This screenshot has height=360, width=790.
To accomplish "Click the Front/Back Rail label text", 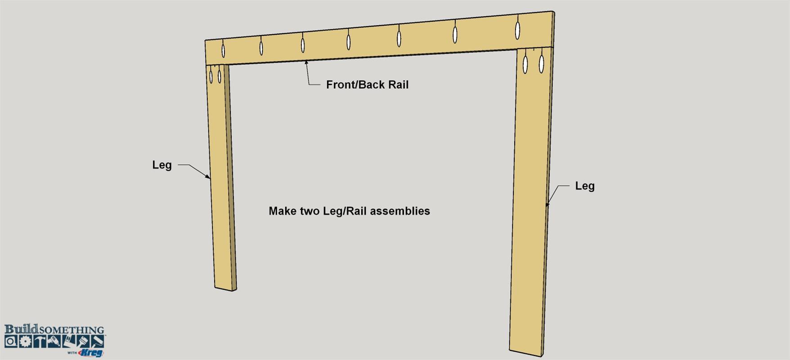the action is point(367,85).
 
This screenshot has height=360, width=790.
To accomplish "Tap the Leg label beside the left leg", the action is point(162,165).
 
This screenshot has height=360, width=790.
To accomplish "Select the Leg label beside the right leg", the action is point(585,186).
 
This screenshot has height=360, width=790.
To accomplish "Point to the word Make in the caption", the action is point(282,211).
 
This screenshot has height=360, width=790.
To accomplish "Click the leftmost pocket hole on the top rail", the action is point(223,49).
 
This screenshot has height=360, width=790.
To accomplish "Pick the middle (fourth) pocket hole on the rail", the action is point(349,40).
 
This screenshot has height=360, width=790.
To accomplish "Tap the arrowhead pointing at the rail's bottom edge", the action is point(306,63).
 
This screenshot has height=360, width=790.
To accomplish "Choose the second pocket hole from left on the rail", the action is point(261,45).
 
